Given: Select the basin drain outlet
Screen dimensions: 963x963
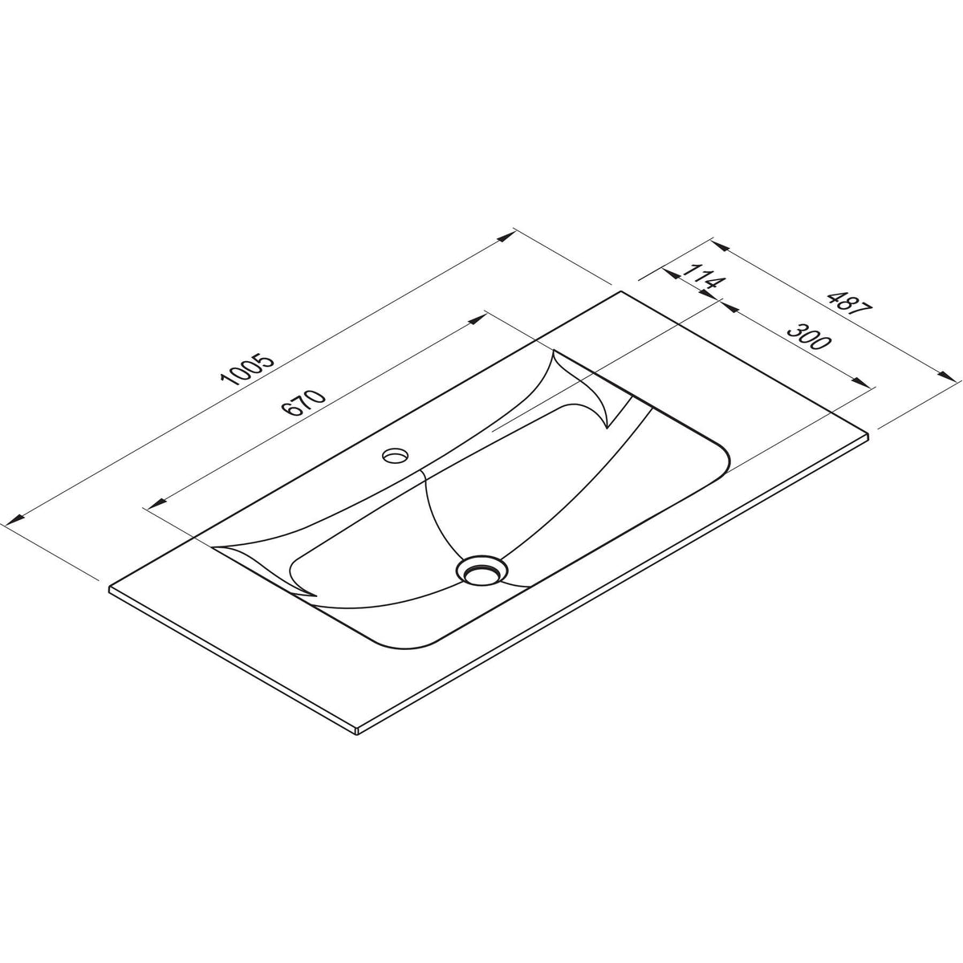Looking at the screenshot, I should (x=481, y=571).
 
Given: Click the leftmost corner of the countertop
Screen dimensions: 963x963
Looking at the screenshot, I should (x=109, y=588).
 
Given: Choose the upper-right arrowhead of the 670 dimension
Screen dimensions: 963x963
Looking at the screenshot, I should (x=478, y=318).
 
